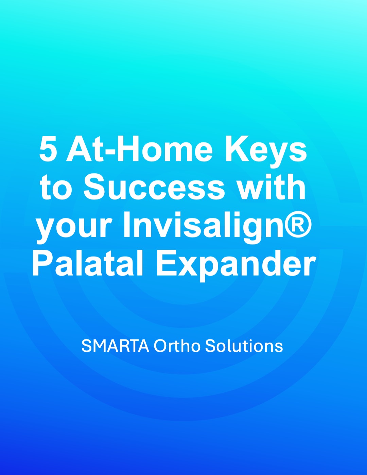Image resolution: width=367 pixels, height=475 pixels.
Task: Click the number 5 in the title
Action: coord(49,149)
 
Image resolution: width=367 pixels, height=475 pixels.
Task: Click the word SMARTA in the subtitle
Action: coord(115,346)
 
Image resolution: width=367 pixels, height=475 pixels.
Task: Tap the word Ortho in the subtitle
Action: coord(177,346)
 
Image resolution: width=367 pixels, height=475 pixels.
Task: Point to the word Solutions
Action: coord(244,346)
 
